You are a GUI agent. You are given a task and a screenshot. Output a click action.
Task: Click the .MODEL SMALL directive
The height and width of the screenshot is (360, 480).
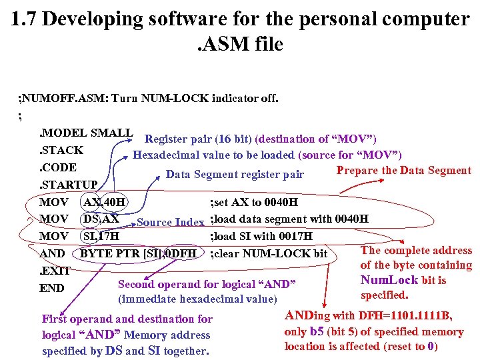click(85, 133)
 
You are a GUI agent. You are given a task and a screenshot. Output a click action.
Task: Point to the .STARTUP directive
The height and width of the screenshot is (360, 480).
click(68, 185)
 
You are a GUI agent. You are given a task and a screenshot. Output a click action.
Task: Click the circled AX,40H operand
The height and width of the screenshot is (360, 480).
click(105, 202)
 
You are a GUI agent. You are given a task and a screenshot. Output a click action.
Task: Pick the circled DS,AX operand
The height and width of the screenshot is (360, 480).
click(101, 219)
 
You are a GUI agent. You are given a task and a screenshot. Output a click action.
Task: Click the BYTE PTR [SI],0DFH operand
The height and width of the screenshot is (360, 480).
click(139, 253)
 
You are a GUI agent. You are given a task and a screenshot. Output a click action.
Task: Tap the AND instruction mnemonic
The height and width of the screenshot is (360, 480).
click(52, 253)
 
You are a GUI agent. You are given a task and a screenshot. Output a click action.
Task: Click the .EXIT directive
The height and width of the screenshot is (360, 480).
click(55, 271)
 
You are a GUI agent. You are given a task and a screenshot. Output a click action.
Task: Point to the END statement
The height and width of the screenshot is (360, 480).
click(51, 288)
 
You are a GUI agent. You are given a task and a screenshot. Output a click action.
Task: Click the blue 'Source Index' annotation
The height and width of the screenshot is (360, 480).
click(170, 222)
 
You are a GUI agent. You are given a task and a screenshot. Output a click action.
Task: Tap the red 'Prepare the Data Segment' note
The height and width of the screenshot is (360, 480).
click(403, 170)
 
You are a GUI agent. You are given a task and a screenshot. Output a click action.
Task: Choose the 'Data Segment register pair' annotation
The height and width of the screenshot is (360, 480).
click(235, 175)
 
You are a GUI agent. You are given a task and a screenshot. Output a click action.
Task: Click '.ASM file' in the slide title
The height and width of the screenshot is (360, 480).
click(240, 45)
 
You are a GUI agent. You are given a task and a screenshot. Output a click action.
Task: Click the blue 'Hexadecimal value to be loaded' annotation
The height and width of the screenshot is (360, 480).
click(267, 155)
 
